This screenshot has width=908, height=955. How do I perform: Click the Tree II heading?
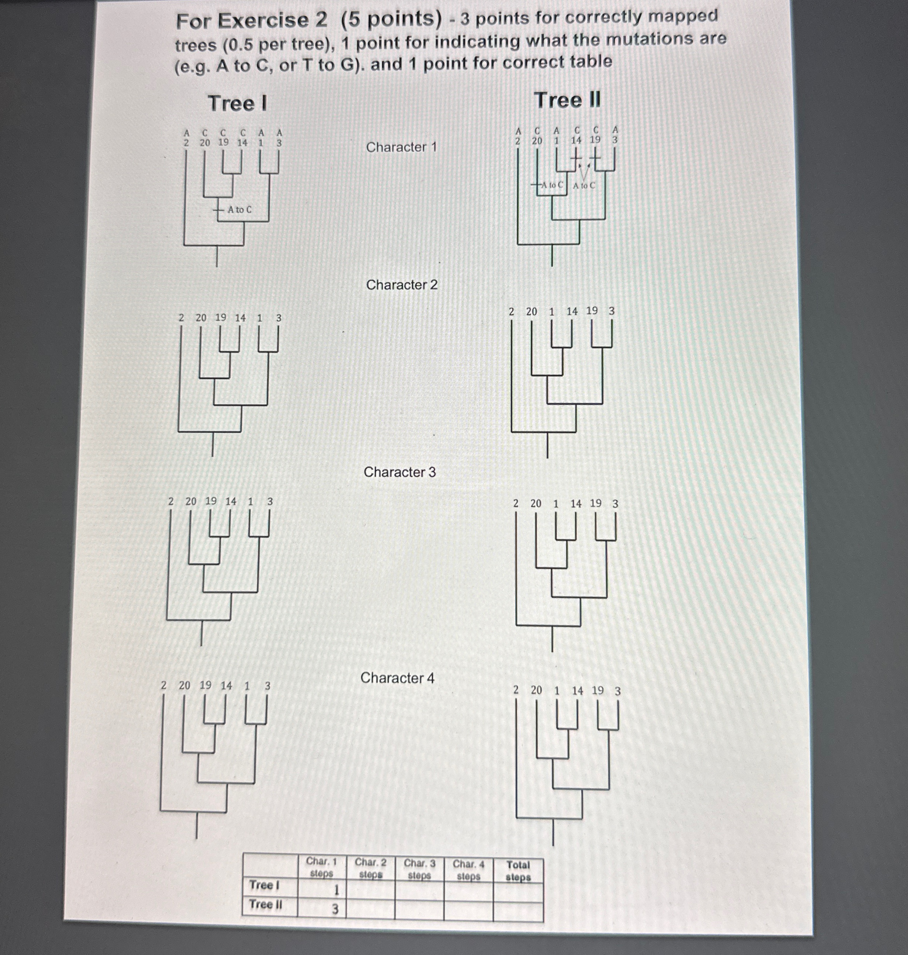567,100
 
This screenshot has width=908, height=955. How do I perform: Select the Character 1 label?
401,147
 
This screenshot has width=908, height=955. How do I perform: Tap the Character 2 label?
402,284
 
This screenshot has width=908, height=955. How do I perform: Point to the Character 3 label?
400,472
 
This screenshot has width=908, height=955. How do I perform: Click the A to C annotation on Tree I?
240,210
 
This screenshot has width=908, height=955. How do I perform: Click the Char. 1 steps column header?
321,867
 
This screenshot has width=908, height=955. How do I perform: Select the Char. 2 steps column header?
371,868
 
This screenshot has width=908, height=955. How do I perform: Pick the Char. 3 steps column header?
420,869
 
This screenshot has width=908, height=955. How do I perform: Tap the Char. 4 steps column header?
468,870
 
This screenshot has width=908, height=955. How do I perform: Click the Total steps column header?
518,871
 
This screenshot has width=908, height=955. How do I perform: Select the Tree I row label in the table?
264,885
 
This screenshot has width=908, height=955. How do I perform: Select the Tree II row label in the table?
265,905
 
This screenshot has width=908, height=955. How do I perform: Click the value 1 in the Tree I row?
336,890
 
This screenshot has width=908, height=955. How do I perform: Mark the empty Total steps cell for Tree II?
518,912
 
